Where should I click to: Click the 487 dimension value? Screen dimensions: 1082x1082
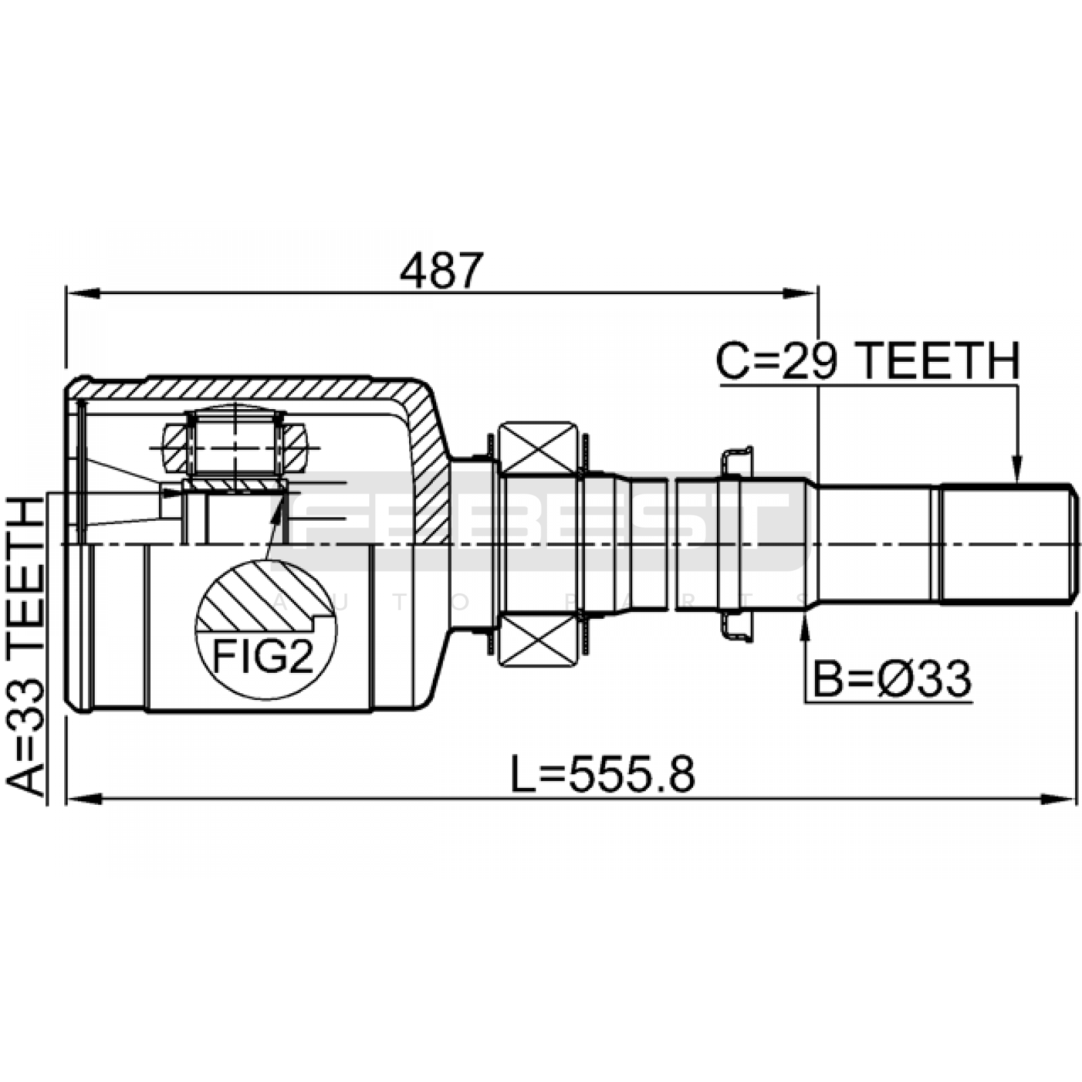coord(442,271)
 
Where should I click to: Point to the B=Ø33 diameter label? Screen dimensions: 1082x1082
coord(891,680)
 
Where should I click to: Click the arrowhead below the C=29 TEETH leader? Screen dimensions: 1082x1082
coord(1016,471)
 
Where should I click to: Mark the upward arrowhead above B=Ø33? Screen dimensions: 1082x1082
coord(805,629)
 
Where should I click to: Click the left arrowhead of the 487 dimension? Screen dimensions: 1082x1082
coord(83,293)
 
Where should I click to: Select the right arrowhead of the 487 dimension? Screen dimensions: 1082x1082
coord(802,293)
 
